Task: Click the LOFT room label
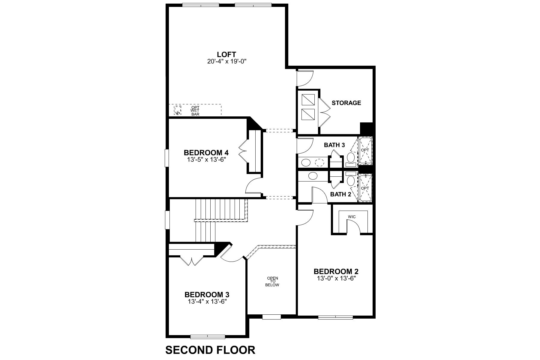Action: [226, 55]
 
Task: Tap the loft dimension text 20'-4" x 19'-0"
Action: [226, 61]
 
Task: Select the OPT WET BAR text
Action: [195, 110]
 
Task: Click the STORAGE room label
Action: [346, 103]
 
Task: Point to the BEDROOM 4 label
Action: [206, 152]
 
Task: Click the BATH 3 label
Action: [334, 145]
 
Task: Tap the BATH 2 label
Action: [340, 194]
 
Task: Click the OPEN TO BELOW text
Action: [272, 282]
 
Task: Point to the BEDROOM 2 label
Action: [336, 271]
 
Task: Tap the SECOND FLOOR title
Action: [210, 350]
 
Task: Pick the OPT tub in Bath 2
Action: [365, 188]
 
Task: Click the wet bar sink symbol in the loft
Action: [178, 110]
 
